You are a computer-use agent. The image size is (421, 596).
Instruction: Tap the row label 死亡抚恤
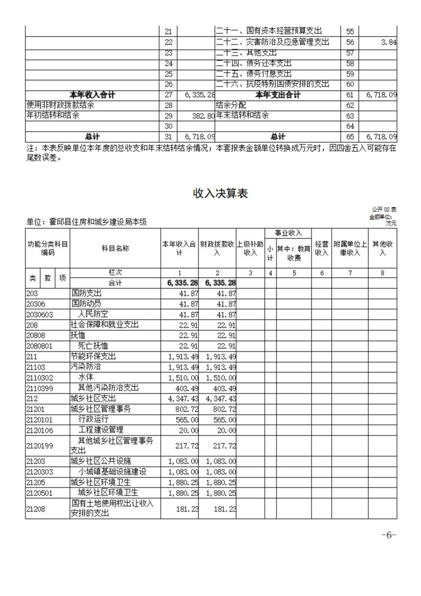[92, 346]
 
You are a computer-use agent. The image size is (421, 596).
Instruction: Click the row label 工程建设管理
[101, 430]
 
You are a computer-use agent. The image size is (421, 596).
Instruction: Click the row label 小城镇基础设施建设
[112, 472]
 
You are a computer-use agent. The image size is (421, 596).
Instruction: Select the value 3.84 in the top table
[389, 42]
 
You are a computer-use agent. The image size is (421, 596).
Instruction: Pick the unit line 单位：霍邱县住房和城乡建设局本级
[86, 223]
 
